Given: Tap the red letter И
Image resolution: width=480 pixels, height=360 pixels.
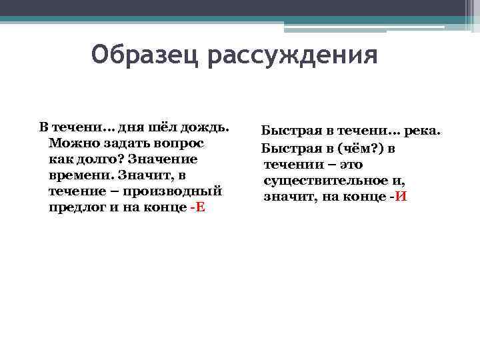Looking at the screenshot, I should click(400, 197).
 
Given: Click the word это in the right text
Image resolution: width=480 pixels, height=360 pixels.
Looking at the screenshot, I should click(349, 164).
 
